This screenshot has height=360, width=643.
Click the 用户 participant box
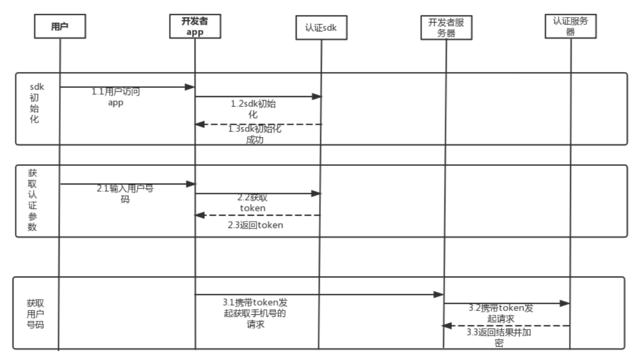[60, 26]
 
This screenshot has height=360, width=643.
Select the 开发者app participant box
[195, 26]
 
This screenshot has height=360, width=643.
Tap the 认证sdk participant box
[321, 28]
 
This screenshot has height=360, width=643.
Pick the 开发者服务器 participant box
[446, 28]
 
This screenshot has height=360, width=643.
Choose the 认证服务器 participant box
[571, 26]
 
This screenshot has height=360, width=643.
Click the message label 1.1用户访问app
[116, 97]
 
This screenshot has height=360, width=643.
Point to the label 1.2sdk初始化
[253, 109]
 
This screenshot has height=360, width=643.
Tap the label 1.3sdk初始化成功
[255, 134]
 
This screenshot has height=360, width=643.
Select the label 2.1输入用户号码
[125, 194]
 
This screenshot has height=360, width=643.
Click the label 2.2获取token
[253, 203]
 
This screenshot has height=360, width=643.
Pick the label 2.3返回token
[255, 225]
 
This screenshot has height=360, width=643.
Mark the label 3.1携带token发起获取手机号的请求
[255, 313]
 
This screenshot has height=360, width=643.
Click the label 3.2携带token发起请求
[501, 313]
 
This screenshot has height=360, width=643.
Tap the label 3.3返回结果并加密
[499, 337]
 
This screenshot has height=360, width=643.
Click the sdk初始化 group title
[36, 103]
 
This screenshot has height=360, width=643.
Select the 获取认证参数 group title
[32, 200]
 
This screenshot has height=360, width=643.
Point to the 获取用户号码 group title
[35, 314]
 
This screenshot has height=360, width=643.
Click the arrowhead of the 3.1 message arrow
[439, 294]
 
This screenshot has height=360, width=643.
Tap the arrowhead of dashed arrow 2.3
[200, 215]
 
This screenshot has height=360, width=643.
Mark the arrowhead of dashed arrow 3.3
[447, 326]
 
